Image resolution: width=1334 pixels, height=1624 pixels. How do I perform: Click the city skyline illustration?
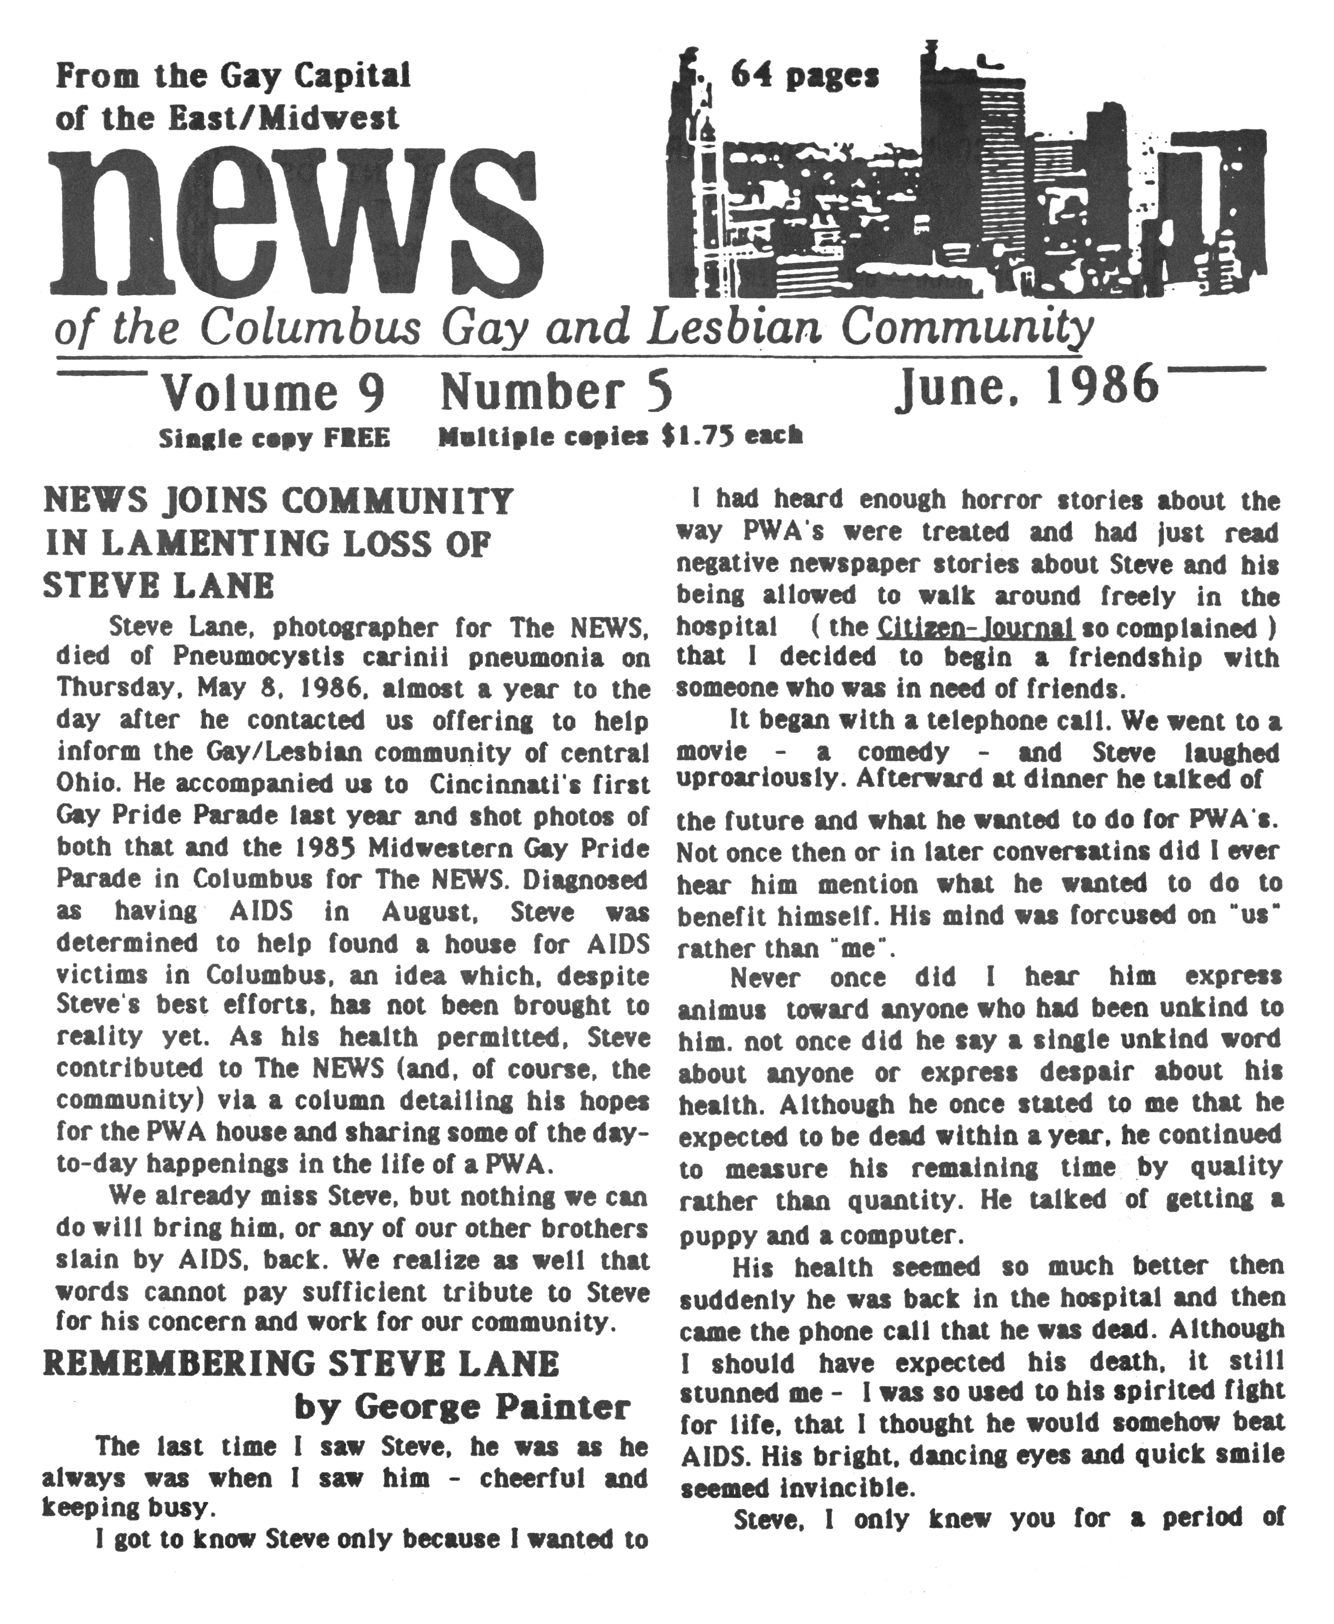[x=968, y=177]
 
